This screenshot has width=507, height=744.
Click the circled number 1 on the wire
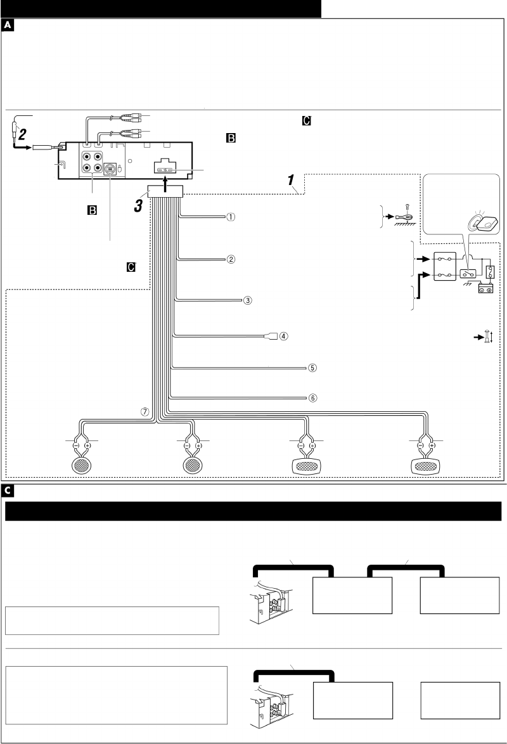click(x=231, y=216)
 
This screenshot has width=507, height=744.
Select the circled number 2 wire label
click(x=231, y=259)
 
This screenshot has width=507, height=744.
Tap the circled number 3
click(x=248, y=300)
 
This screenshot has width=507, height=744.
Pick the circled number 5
click(x=312, y=367)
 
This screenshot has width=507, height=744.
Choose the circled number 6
click(x=312, y=399)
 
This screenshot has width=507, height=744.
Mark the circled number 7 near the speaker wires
click(x=145, y=411)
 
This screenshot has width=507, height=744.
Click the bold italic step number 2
click(x=22, y=134)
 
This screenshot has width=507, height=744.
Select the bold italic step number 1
click(x=293, y=182)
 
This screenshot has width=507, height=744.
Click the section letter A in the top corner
click(x=8, y=26)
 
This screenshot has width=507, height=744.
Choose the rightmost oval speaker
click(x=426, y=466)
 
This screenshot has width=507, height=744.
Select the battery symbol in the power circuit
click(x=487, y=289)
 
